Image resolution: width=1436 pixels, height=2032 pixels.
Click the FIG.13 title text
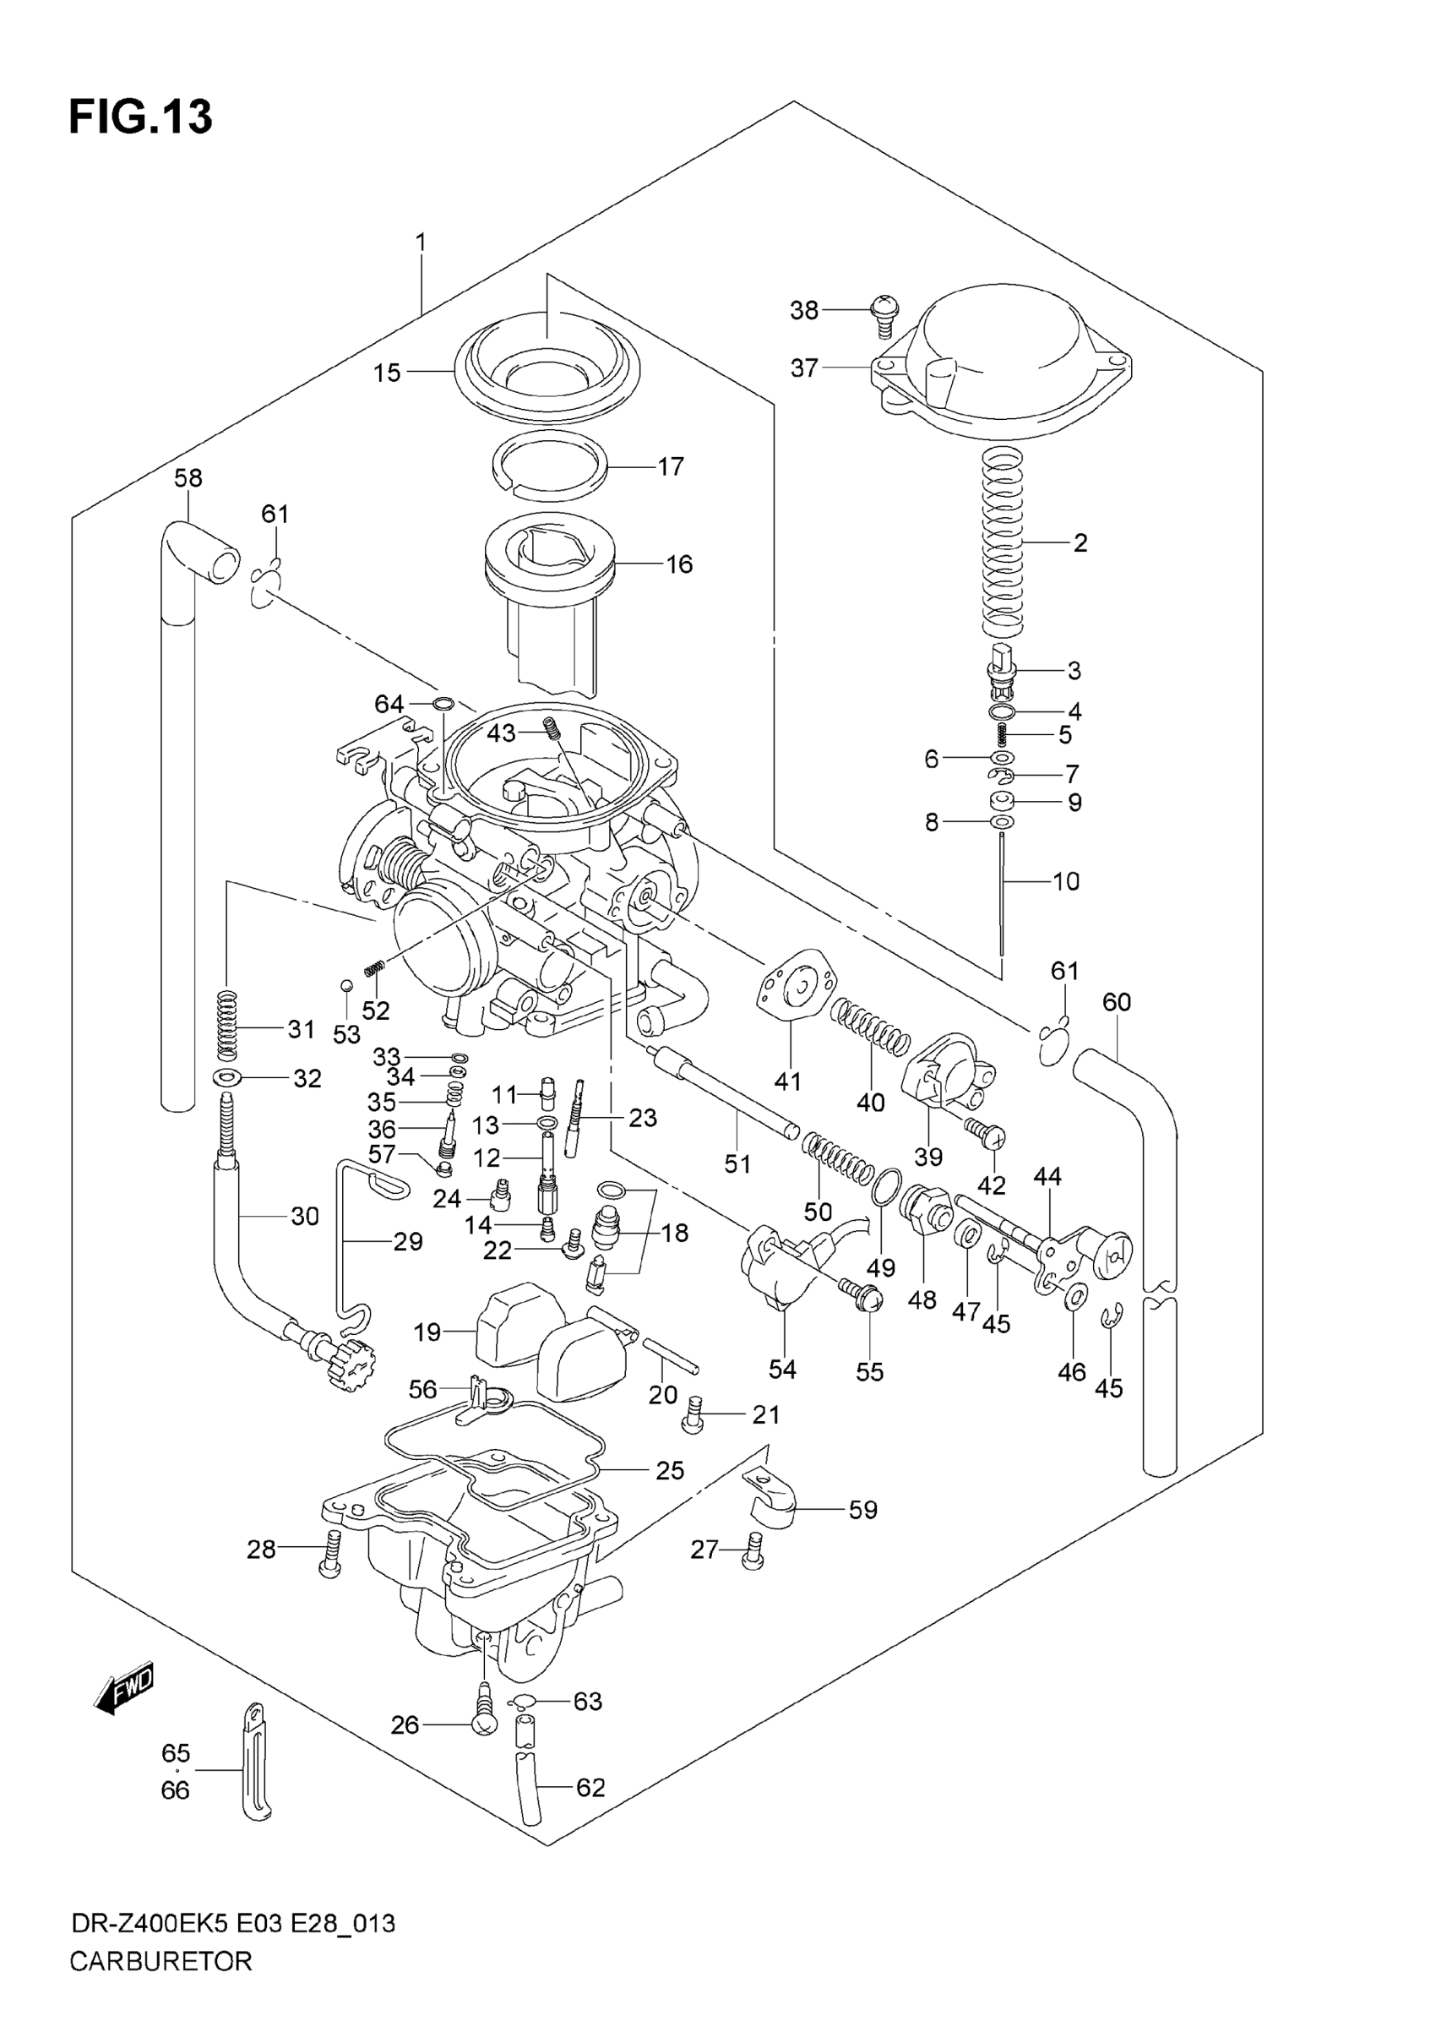[x=141, y=117]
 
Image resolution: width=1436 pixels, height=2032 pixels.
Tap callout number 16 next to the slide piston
[x=678, y=564]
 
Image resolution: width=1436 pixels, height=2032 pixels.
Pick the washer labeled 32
[x=229, y=1078]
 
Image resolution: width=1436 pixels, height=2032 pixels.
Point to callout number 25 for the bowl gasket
[x=670, y=1470]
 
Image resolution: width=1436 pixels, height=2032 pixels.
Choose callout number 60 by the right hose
[x=1117, y=1002]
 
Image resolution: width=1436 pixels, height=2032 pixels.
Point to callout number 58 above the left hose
[x=188, y=479]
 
